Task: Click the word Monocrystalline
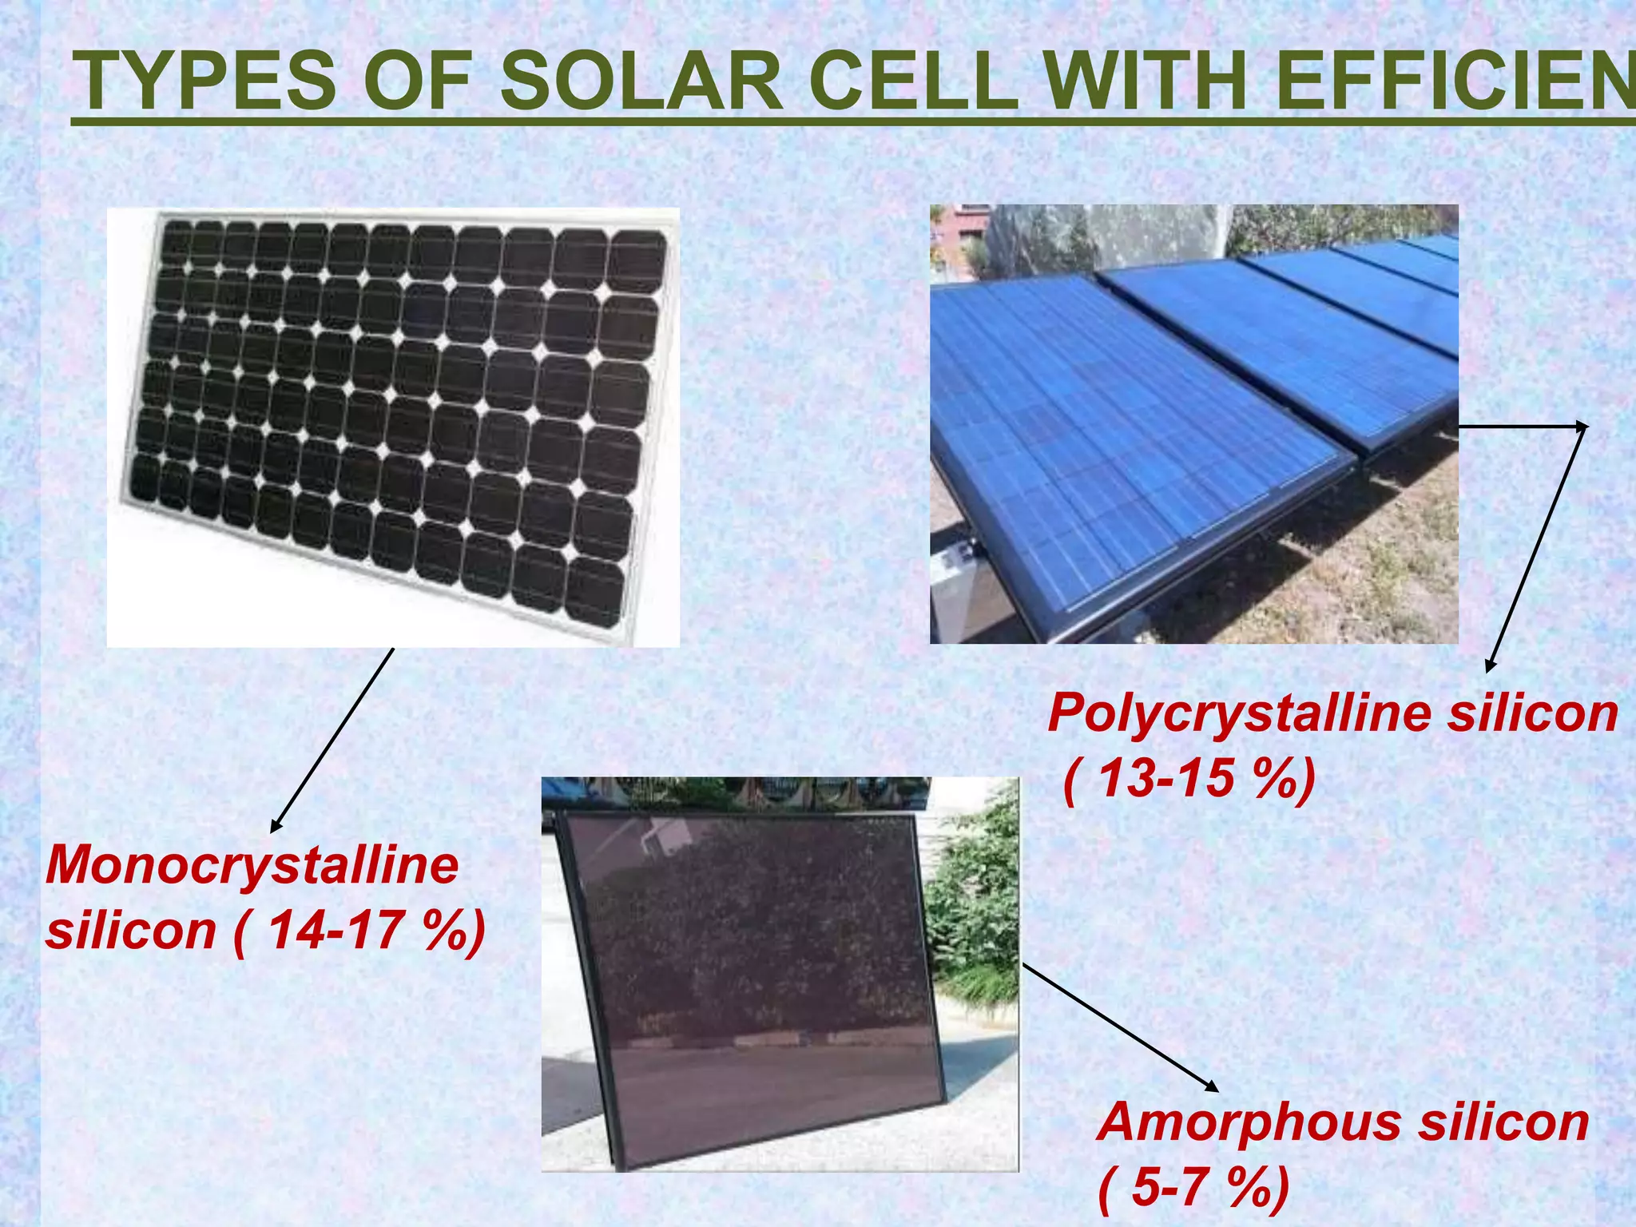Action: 252,865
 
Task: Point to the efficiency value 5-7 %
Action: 1193,1187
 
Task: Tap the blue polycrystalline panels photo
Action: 1193,423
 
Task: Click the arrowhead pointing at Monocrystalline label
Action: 275,829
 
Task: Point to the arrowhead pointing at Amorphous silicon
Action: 1213,1087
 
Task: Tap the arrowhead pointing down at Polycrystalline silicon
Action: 1489,668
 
